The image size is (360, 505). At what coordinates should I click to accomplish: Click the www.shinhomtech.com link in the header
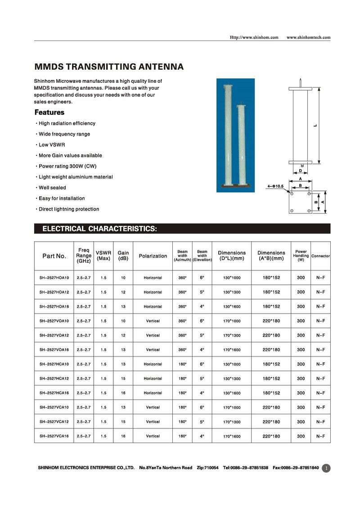tap(308, 37)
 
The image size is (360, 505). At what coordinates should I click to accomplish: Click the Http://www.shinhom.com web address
tap(254, 37)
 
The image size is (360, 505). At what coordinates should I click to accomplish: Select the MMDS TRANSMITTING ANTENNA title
tap(109, 67)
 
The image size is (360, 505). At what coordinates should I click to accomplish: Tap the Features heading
tap(49, 113)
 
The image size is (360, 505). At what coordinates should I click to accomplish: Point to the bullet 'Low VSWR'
tap(52, 144)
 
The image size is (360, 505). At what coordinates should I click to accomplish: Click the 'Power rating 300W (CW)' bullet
tap(67, 166)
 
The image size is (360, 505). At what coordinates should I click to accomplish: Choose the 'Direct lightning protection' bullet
tap(68, 209)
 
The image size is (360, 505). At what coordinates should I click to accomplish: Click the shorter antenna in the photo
tap(242, 144)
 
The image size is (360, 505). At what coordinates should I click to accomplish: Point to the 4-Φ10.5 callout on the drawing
tap(275, 185)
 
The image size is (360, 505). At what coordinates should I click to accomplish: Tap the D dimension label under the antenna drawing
tap(300, 171)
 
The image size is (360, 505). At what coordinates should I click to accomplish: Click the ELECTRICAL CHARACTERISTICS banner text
tap(99, 229)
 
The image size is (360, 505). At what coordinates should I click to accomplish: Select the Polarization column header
tap(153, 256)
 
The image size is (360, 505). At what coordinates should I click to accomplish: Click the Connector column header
tap(320, 256)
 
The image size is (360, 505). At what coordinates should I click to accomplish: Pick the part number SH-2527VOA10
tap(54, 321)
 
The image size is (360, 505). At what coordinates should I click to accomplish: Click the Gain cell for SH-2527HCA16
tap(123, 393)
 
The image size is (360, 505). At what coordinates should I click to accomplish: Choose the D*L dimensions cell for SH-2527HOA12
tap(232, 292)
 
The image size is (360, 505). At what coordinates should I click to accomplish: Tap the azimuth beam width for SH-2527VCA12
tap(182, 422)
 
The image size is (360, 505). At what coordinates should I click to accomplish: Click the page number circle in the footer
tap(327, 468)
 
